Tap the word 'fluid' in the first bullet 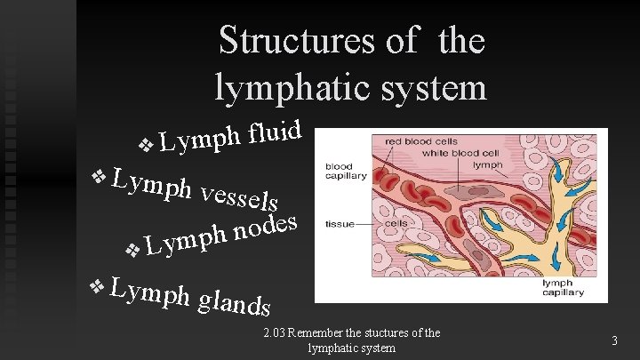[278, 132]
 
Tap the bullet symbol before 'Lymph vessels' [99, 174]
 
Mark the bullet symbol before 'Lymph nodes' [132, 252]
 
